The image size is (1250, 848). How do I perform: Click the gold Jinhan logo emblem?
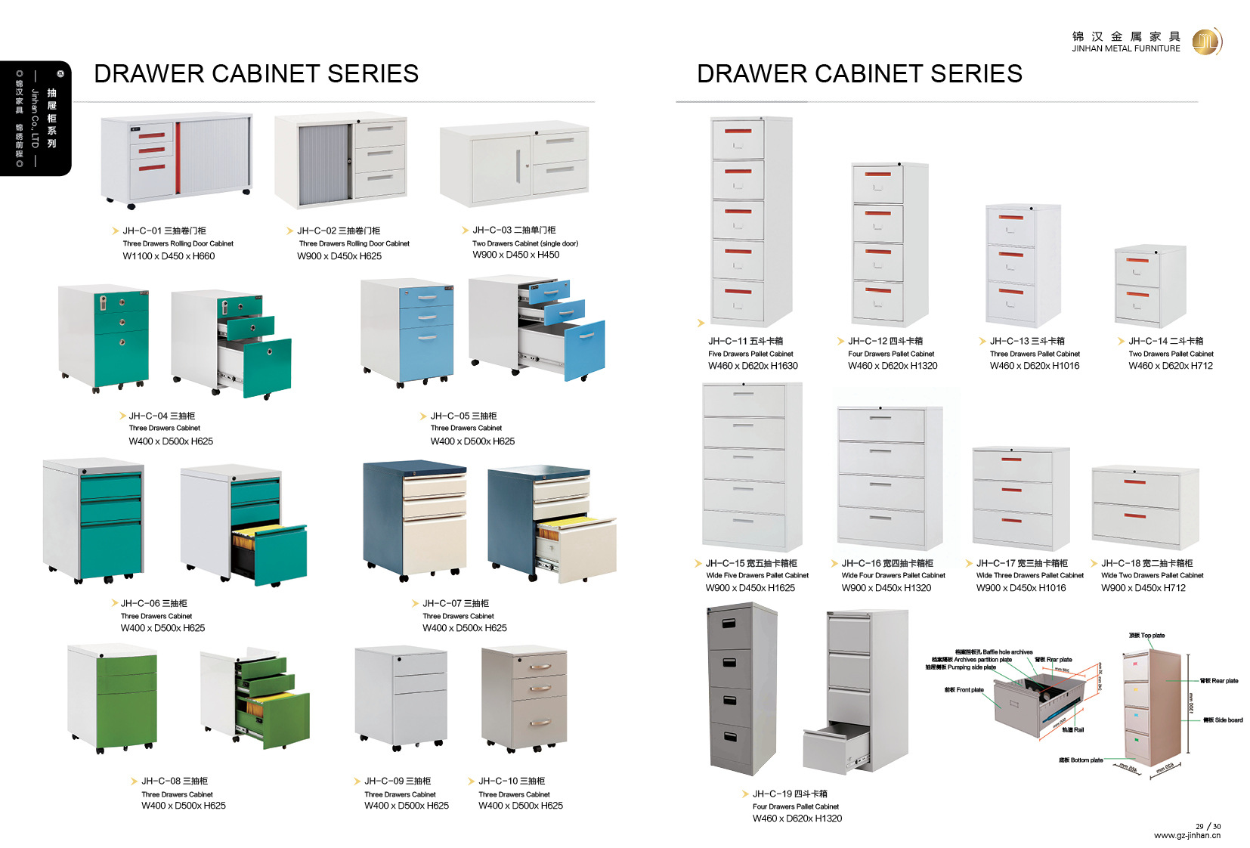click(x=1206, y=42)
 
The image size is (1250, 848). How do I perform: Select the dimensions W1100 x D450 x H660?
click(x=169, y=256)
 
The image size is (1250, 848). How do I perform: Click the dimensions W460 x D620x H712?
click(x=1170, y=366)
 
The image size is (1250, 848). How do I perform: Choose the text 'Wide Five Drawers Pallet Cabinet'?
click(x=757, y=575)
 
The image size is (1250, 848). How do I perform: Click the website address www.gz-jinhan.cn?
click(x=1187, y=835)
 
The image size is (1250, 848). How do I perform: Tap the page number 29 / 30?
click(x=1208, y=826)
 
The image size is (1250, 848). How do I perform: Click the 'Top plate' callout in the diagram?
click(x=1146, y=636)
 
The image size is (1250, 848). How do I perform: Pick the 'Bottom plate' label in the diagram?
click(x=1081, y=760)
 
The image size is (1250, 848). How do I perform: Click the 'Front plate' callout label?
click(x=964, y=689)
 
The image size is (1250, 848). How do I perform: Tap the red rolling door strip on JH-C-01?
click(x=178, y=157)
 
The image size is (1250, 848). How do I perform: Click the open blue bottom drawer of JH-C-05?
click(x=584, y=349)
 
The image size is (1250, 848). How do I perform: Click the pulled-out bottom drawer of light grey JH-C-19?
click(x=831, y=748)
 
